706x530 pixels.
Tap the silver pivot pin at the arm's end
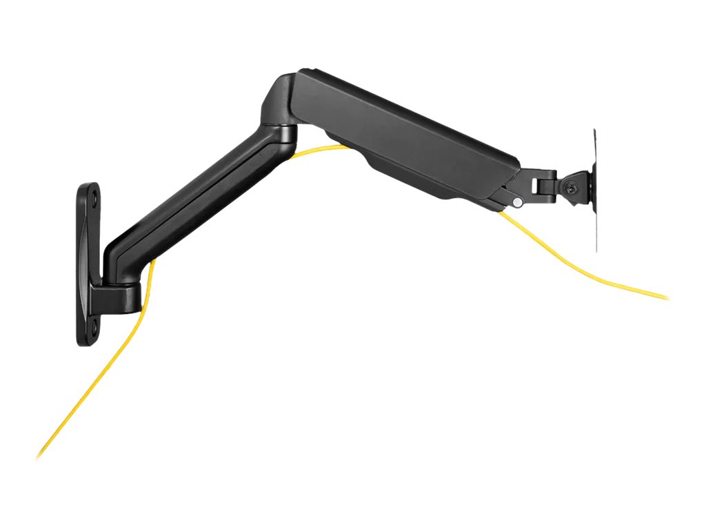(516, 202)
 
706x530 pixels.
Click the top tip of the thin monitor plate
(594, 131)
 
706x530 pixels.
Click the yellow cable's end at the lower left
(39, 457)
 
